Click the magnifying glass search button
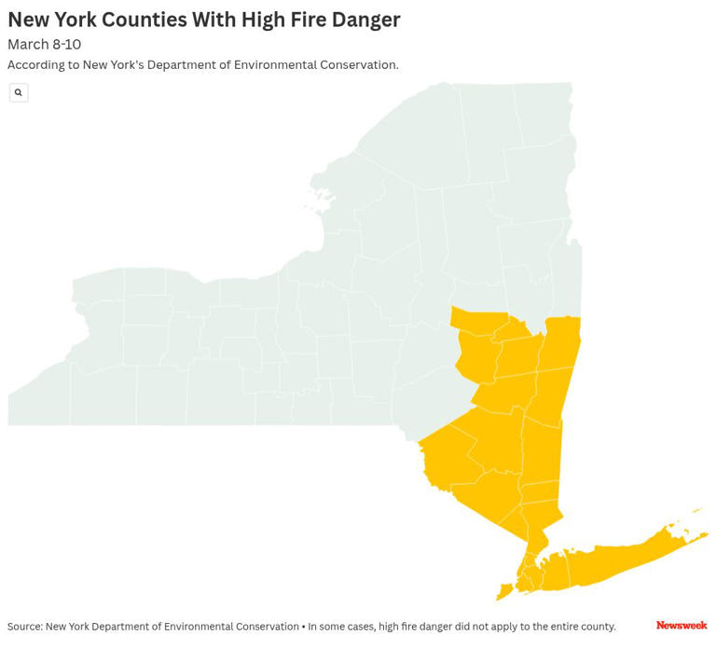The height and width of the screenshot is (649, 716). [x=19, y=92]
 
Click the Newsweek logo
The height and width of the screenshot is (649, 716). [x=682, y=625]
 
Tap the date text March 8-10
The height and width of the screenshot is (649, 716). [x=44, y=44]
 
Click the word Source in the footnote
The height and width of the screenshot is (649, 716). [x=24, y=627]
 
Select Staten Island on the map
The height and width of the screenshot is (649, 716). [x=504, y=591]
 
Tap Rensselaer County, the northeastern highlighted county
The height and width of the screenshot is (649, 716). [x=561, y=341]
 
